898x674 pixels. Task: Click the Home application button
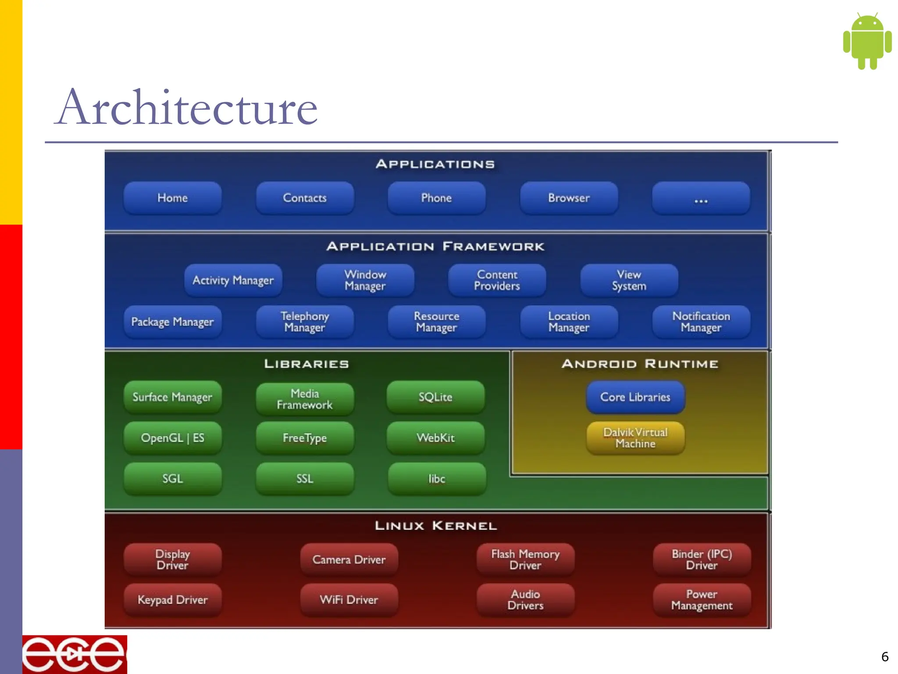[172, 198]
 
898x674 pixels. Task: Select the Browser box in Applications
[569, 198]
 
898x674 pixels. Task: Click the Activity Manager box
[233, 280]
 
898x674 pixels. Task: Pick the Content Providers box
[497, 280]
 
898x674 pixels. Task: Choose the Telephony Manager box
[305, 322]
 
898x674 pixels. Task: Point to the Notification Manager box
[701, 322]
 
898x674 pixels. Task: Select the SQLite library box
[435, 397]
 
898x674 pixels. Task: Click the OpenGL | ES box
[172, 438]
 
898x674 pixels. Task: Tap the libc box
[437, 479]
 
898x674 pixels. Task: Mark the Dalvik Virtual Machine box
[635, 438]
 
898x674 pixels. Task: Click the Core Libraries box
[635, 397]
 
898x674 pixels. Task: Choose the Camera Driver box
[349, 559]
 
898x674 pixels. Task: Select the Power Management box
[702, 600]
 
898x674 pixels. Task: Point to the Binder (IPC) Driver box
[702, 559]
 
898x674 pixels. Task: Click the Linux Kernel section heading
[436, 526]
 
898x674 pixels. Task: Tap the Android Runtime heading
[640, 364]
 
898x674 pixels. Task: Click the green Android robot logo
[867, 41]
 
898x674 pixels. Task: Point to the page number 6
[884, 657]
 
